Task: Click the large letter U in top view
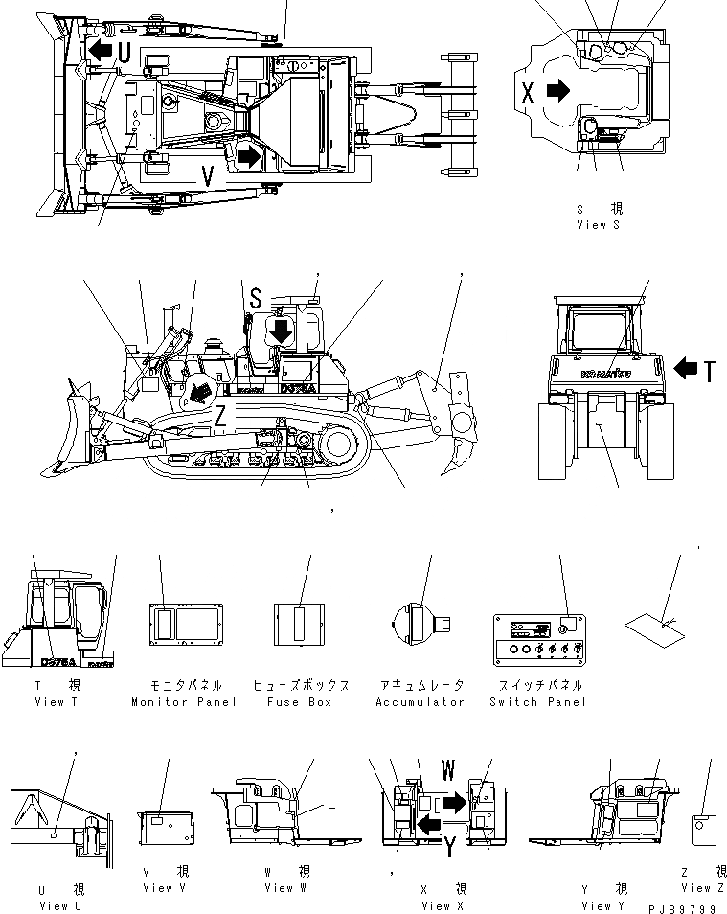click(x=125, y=52)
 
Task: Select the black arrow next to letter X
click(x=557, y=91)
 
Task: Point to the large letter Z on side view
click(x=219, y=416)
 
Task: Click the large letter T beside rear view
click(x=708, y=370)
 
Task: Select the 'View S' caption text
click(x=598, y=224)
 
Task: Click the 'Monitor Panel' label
click(x=184, y=702)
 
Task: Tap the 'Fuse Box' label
click(x=300, y=702)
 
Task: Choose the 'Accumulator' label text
click(x=420, y=702)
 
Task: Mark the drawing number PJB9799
click(x=681, y=906)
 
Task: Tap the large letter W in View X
click(x=446, y=770)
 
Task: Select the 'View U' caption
click(x=60, y=906)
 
